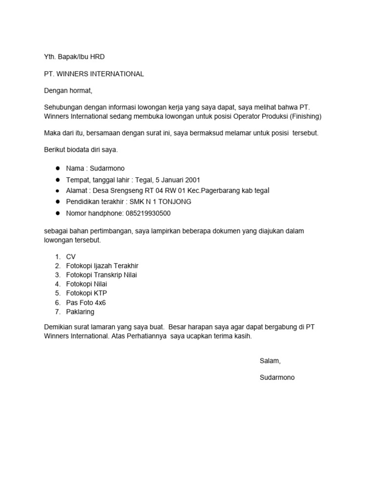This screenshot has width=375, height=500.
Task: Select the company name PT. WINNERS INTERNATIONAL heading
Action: [94, 74]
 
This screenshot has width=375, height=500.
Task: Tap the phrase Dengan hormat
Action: [68, 91]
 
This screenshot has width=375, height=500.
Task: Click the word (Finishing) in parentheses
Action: [305, 116]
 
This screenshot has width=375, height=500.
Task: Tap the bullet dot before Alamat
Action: [57, 191]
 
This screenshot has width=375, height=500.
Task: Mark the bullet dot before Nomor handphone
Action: [57, 213]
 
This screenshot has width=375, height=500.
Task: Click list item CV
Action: [71, 257]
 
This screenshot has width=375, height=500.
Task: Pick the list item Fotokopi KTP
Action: [86, 293]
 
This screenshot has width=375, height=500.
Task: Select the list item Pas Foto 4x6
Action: [86, 302]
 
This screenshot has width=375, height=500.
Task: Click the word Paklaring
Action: [80, 312]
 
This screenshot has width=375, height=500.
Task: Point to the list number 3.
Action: [57, 275]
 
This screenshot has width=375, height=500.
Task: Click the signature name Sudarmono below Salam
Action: [277, 377]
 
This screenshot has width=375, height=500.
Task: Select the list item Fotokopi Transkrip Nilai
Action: [102, 275]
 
